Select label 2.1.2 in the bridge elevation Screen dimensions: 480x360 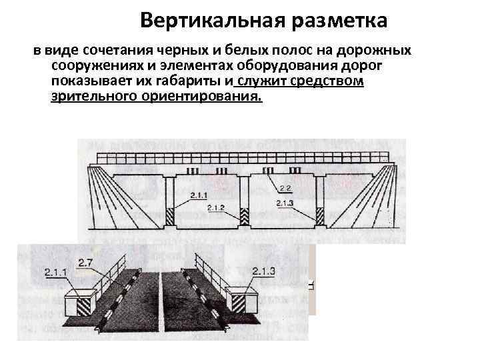[216, 208]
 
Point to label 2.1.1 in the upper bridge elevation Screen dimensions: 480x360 [198, 194]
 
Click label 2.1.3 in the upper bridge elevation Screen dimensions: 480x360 [283, 202]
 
